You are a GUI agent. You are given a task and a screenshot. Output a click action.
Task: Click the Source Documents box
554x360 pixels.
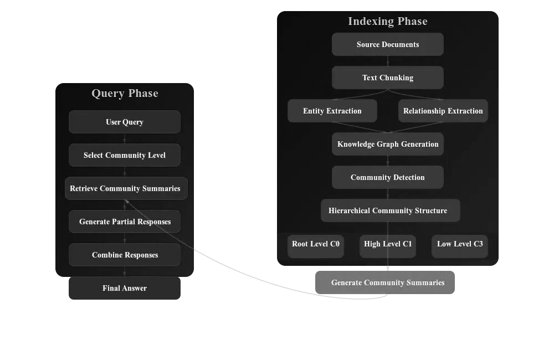click(x=388, y=44)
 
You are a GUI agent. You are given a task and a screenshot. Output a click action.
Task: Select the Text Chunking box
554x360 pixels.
click(x=388, y=78)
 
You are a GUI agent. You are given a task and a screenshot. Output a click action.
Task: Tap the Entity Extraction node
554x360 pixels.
click(x=332, y=111)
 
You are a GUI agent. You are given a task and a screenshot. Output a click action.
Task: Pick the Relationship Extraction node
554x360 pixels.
click(x=443, y=111)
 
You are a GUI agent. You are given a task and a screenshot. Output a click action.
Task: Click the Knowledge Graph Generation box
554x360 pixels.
click(x=388, y=144)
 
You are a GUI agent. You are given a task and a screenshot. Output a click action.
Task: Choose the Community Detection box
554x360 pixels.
click(x=388, y=177)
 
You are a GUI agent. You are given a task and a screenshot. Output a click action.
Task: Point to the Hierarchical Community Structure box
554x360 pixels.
click(x=390, y=210)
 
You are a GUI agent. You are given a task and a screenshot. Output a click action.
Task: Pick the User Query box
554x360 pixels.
click(x=125, y=122)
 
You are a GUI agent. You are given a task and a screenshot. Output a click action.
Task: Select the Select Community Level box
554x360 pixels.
click(x=125, y=155)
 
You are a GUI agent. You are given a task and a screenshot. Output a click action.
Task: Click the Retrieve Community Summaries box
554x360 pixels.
click(x=126, y=188)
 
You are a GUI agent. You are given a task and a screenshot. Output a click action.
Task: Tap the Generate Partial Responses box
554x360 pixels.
click(x=125, y=222)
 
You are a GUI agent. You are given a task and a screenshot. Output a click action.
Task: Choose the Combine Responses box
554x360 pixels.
click(x=125, y=255)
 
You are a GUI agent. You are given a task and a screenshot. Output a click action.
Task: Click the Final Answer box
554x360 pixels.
click(x=125, y=288)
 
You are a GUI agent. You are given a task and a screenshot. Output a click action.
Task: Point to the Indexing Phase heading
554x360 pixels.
click(x=388, y=21)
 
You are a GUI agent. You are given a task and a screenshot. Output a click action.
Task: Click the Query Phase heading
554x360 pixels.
click(x=125, y=93)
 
